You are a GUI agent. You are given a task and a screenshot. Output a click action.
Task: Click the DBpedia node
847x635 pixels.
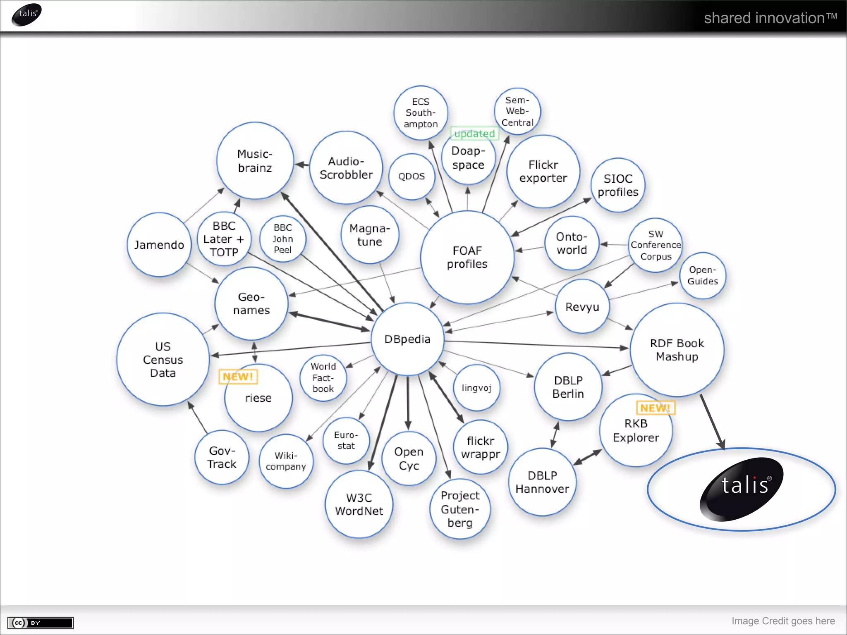pyautogui.click(x=407, y=339)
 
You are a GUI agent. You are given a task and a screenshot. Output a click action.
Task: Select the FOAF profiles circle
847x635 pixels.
pyautogui.click(x=467, y=257)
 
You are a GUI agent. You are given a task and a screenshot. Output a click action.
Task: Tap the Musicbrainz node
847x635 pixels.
pyautogui.click(x=255, y=161)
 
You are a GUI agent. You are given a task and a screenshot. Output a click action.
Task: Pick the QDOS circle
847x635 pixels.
pyautogui.click(x=412, y=177)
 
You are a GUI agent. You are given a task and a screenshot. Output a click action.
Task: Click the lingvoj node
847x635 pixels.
pyautogui.click(x=476, y=388)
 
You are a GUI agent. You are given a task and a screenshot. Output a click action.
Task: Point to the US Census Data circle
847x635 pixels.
pyautogui.click(x=163, y=360)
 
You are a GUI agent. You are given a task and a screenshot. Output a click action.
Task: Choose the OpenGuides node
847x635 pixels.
pyautogui.click(x=703, y=275)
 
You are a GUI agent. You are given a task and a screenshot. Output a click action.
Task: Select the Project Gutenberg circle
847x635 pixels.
pyautogui.click(x=460, y=509)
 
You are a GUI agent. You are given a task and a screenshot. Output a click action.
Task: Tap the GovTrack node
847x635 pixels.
pyautogui.click(x=222, y=457)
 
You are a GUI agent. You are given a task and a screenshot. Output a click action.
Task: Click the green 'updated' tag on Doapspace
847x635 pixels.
pyautogui.click(x=474, y=134)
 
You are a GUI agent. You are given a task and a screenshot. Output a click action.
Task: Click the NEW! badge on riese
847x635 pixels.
pyautogui.click(x=238, y=377)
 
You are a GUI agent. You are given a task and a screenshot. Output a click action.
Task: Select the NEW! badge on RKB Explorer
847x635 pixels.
pyautogui.click(x=655, y=408)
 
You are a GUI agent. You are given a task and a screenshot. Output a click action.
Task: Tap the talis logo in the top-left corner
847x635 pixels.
pyautogui.click(x=27, y=15)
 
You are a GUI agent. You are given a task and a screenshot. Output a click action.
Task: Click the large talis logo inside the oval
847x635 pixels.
pyautogui.click(x=742, y=488)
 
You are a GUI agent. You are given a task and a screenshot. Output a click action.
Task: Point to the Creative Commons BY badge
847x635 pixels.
pyautogui.click(x=41, y=623)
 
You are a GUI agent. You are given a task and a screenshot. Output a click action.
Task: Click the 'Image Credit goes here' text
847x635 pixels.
pyautogui.click(x=783, y=621)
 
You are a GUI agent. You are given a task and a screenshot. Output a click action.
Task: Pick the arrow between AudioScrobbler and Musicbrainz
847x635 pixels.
pyautogui.click(x=302, y=165)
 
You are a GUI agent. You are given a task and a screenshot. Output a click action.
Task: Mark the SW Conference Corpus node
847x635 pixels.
pyautogui.click(x=656, y=245)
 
